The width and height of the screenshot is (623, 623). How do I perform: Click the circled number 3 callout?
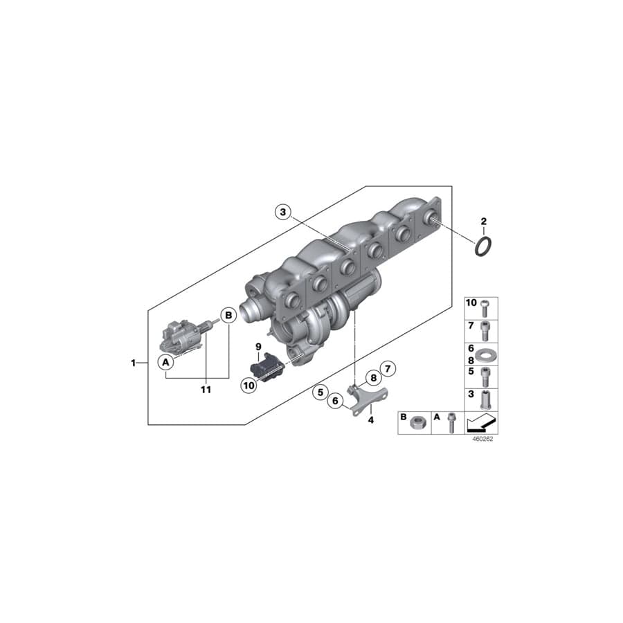pos(282,211)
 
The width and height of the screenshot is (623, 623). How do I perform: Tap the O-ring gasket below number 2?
pos(484,245)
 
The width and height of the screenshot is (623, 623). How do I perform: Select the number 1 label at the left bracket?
pos(134,363)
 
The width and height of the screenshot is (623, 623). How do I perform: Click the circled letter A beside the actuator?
pos(165,361)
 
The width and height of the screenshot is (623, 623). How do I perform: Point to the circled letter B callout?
pos(228,316)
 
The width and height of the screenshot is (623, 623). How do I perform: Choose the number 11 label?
pos(205,390)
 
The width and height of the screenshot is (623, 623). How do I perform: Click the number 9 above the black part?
pos(258,345)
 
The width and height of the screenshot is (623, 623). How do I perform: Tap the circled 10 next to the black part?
pos(249,385)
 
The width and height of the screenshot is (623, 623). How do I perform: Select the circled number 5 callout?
pos(319,392)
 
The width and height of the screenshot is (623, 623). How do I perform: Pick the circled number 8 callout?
pos(372,378)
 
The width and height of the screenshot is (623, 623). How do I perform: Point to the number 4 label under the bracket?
pos(370,420)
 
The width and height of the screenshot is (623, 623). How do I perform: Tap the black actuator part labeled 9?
pos(266,367)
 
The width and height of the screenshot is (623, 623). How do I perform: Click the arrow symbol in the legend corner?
pos(482,422)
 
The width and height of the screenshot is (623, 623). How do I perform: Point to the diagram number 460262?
pos(482,439)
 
